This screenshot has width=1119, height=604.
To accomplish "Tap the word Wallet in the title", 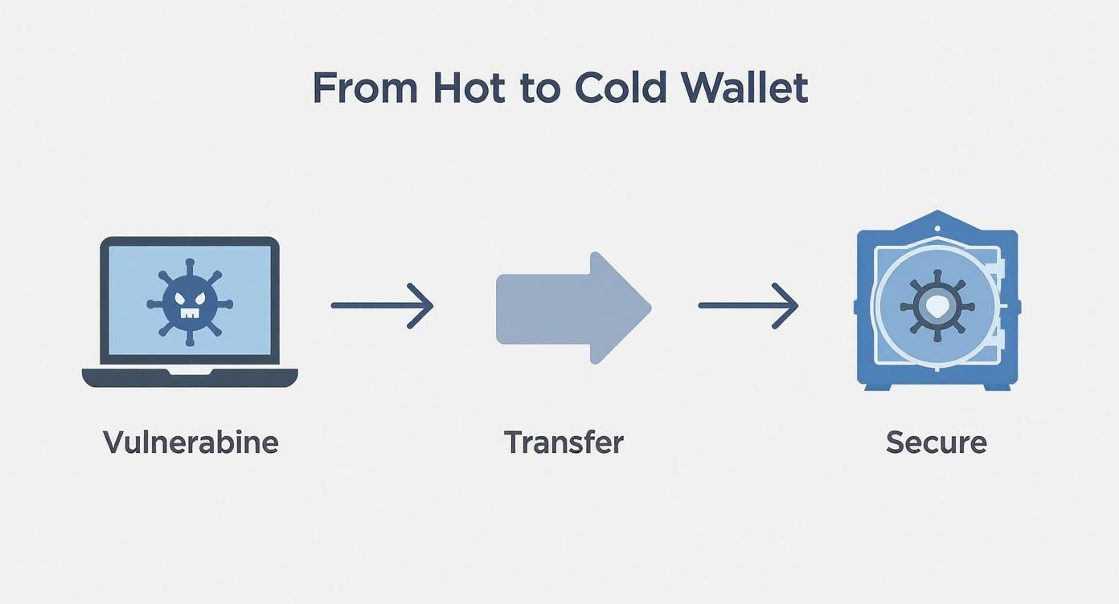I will pyautogui.click(x=747, y=88).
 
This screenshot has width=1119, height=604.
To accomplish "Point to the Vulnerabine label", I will pyautogui.click(x=191, y=443).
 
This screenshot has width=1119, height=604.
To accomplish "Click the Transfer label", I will pyautogui.click(x=564, y=443).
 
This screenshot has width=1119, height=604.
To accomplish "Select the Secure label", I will pyautogui.click(x=937, y=443).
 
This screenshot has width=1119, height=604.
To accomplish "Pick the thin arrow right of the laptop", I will pyautogui.click(x=383, y=305).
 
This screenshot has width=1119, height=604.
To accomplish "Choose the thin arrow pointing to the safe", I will pyautogui.click(x=748, y=305).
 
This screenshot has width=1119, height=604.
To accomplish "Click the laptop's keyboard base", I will pyautogui.click(x=190, y=377).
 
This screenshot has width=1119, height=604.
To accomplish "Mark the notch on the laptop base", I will pyautogui.click(x=190, y=372).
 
